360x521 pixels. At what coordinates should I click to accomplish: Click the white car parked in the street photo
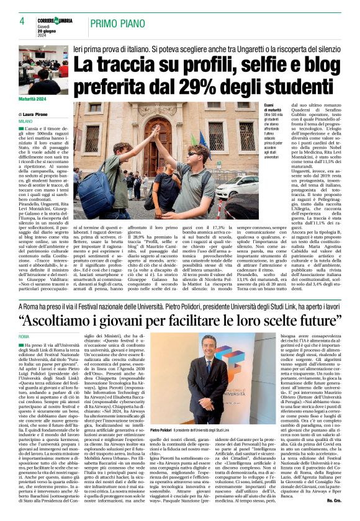[236, 186]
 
